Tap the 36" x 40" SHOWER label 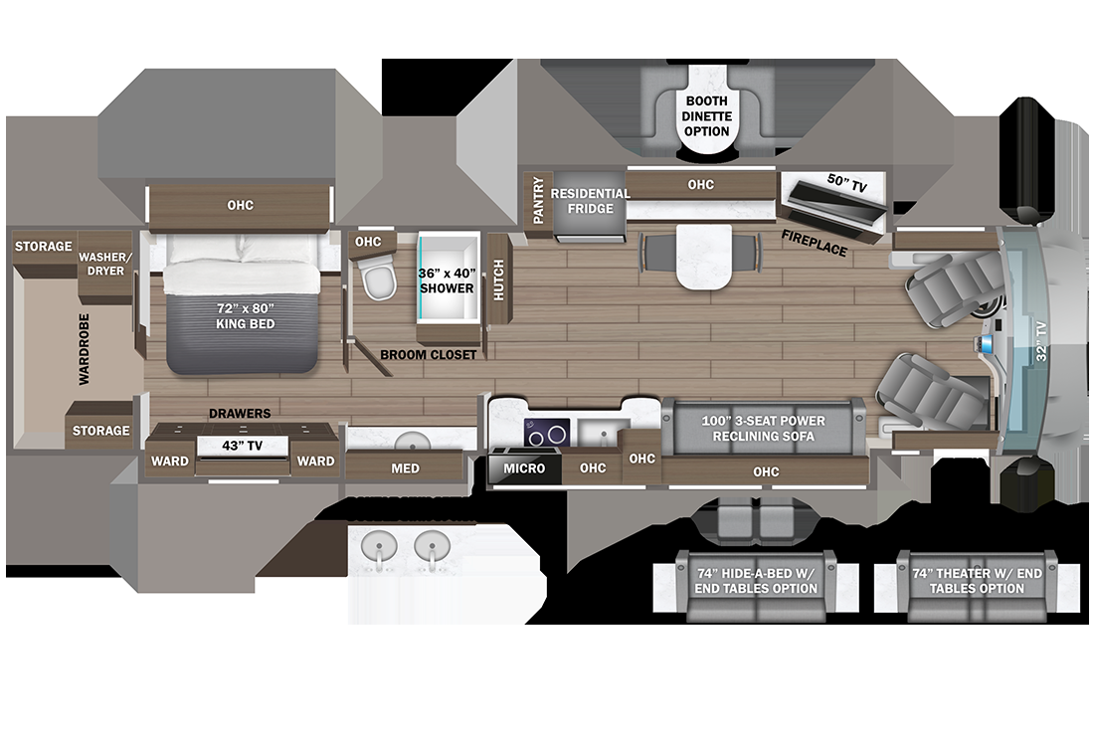coord(447,280)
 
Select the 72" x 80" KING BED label coord(242,316)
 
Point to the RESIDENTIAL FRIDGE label coord(591,201)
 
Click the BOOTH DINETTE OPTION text coord(706,116)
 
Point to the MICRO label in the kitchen coord(524,467)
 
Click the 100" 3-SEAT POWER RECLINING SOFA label coord(764,429)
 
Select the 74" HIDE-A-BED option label coord(751,581)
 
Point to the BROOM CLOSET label coord(428,354)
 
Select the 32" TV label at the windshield coord(1039,340)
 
